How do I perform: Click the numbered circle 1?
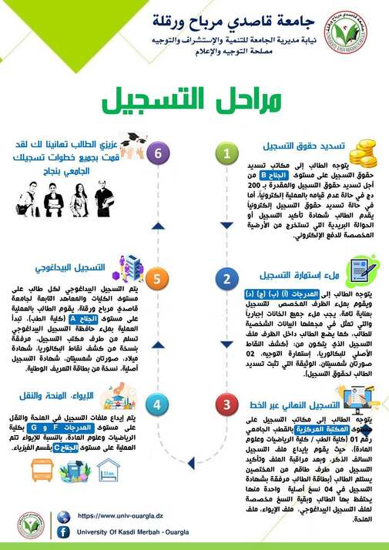pyautogui.click(x=227, y=153)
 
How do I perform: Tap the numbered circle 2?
pyautogui.click(x=227, y=278)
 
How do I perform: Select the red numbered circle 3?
pyautogui.click(x=227, y=404)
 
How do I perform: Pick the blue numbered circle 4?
pyautogui.click(x=159, y=404)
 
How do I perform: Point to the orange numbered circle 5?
pyautogui.click(x=159, y=278)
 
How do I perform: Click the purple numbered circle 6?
pyautogui.click(x=159, y=153)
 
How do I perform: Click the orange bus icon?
pyautogui.click(x=41, y=470)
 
